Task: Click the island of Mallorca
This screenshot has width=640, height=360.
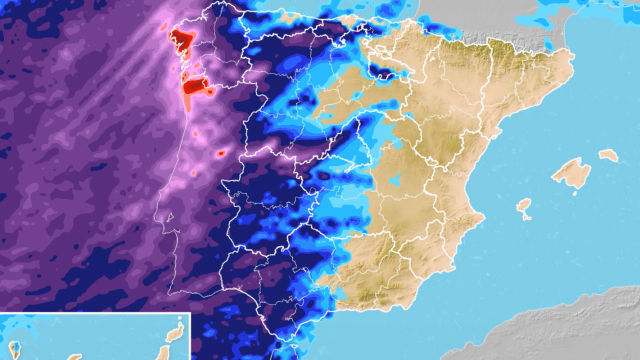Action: [x=570, y=171]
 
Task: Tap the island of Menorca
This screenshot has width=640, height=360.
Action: [x=608, y=155]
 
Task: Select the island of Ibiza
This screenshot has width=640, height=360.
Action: [x=523, y=206]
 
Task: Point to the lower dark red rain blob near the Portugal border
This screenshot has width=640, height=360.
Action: [x=197, y=87]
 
